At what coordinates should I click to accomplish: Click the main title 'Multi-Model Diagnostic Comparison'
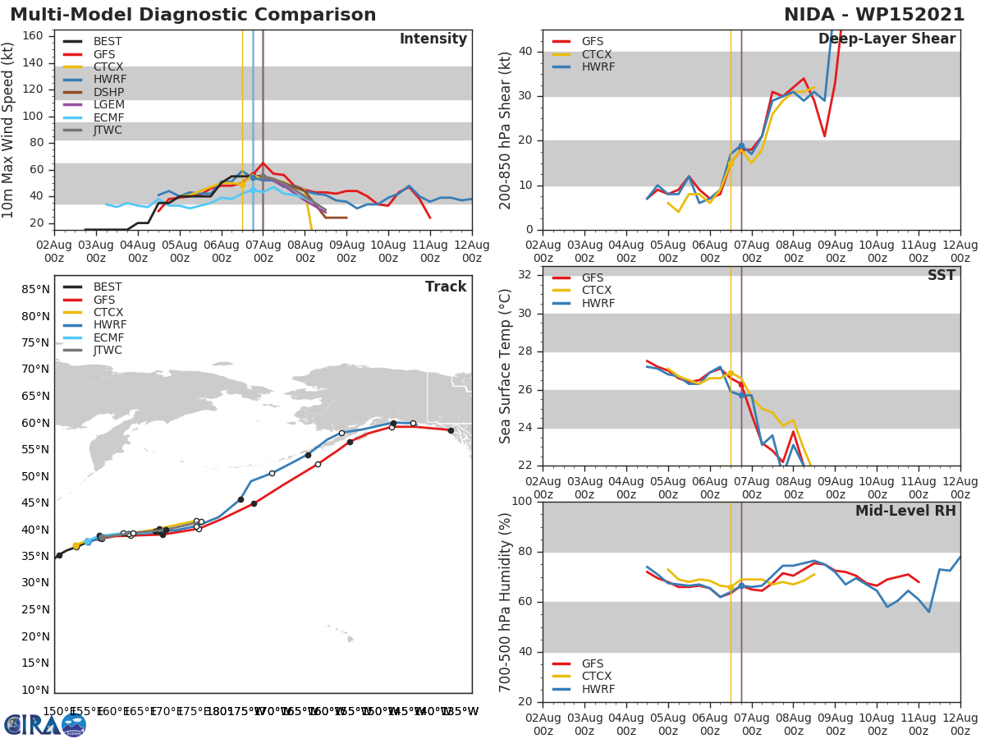pos(193,15)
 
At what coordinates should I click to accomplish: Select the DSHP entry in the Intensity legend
pos(108,92)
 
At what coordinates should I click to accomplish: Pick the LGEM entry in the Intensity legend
pos(108,104)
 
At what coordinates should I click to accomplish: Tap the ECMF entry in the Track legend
pos(108,337)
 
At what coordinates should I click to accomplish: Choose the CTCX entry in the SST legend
pos(597,291)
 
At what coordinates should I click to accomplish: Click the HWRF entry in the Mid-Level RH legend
pos(597,689)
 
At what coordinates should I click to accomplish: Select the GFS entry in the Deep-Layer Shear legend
pos(591,41)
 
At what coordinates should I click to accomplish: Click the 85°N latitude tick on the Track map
pos(36,289)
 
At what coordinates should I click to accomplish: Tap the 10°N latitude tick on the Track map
pos(36,690)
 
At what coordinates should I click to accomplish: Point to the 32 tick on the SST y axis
pos(525,274)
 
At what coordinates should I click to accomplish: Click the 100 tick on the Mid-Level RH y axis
pos(521,502)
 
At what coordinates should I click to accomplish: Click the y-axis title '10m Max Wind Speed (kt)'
pos(9,130)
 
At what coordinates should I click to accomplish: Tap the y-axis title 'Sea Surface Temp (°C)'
pos(506,366)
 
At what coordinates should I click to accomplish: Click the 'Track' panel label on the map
pos(445,287)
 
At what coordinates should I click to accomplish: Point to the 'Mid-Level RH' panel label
pos(905,511)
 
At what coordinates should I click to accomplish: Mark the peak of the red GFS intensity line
pos(263,163)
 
